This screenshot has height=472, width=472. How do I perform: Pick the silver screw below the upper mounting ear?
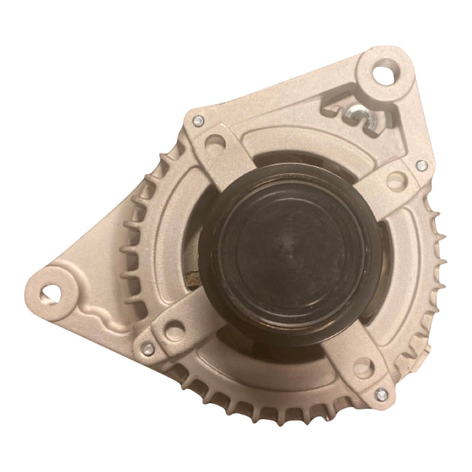pos(420,166)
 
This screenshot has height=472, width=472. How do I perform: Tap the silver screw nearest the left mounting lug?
pos(147,350)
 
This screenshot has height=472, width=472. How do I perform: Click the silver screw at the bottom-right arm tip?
pos(381,395)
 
